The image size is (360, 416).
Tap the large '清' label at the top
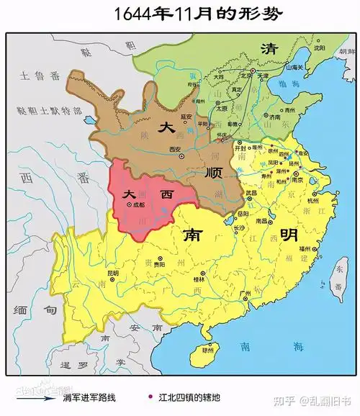point(269,48)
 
